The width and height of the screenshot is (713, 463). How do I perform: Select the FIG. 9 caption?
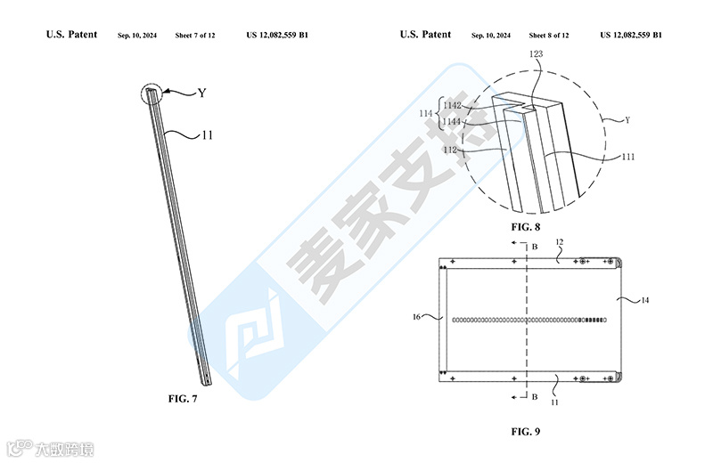(x=527, y=432)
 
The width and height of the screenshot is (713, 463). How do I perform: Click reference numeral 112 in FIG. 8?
(x=451, y=150)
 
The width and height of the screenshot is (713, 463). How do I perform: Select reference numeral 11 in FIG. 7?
(x=206, y=135)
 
